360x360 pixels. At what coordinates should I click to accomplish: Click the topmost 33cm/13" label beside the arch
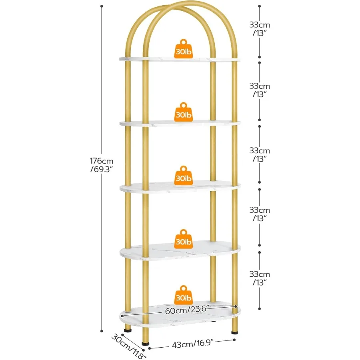(260, 29)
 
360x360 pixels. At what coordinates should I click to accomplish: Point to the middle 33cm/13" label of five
(260, 155)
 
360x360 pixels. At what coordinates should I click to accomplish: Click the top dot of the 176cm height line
(102, 6)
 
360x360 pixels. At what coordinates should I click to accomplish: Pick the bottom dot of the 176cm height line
(102, 330)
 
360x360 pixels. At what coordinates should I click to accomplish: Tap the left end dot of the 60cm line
(122, 316)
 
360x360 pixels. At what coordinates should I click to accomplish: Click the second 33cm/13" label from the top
(260, 90)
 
